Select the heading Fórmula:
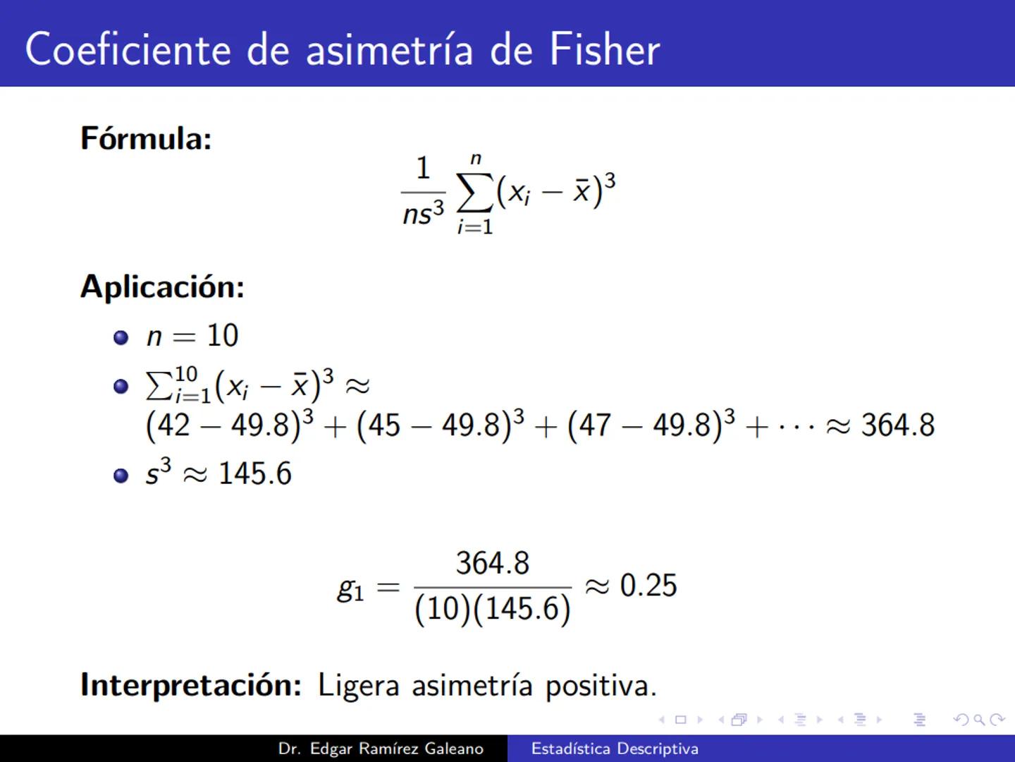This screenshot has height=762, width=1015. (146, 138)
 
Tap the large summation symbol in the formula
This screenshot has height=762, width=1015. (475, 193)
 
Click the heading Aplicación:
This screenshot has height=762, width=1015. (162, 287)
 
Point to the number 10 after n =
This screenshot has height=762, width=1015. (222, 336)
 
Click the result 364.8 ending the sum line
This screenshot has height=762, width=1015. (897, 425)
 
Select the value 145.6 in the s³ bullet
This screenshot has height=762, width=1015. (254, 473)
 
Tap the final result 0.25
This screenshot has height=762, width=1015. (648, 586)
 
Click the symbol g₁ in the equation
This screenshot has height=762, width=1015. (350, 588)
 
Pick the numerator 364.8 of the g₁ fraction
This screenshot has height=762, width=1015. (492, 563)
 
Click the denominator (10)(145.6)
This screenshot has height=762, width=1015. (492, 609)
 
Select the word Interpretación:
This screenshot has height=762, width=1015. (191, 685)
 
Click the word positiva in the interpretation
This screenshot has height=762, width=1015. (601, 686)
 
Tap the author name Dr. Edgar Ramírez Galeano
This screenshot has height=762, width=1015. (381, 749)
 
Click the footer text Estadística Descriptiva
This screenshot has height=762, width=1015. (615, 749)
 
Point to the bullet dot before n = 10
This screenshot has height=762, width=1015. (121, 337)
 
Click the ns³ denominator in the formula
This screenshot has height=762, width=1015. (423, 212)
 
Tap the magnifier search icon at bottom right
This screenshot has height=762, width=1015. (978, 720)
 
